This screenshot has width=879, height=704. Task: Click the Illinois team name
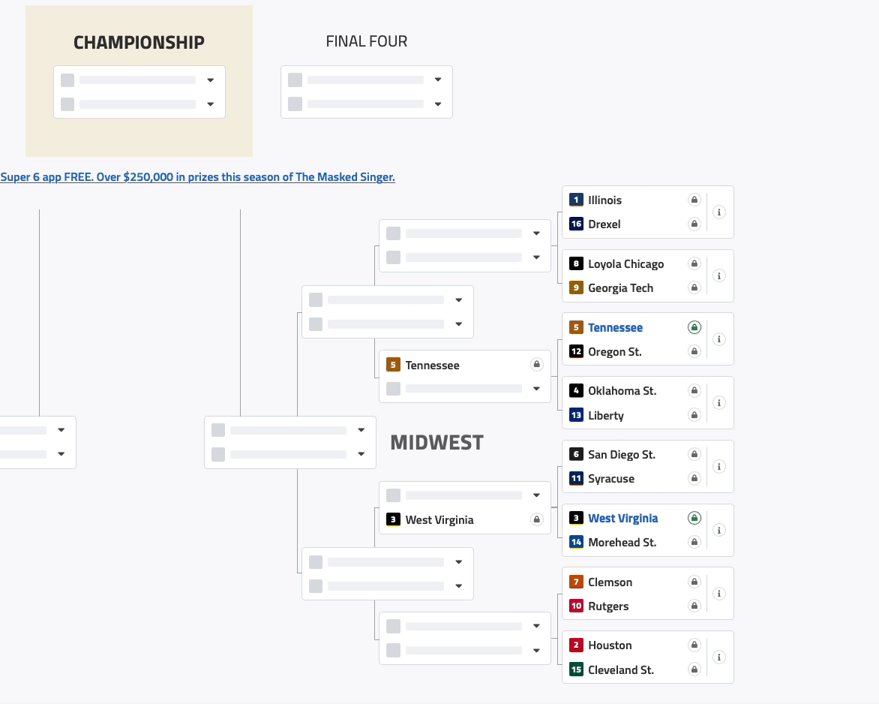click(604, 200)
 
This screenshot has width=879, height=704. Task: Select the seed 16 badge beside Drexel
click(576, 224)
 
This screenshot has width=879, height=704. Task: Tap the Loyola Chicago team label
click(625, 264)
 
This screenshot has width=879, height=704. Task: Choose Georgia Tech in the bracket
click(620, 288)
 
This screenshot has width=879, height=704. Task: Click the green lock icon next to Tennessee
click(694, 327)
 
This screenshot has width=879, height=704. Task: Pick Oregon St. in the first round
click(614, 352)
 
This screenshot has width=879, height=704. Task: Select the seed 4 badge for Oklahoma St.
click(576, 391)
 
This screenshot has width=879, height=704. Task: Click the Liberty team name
click(605, 416)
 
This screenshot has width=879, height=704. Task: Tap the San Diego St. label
click(621, 455)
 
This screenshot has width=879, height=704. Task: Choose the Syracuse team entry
click(610, 479)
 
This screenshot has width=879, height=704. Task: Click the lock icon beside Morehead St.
click(694, 542)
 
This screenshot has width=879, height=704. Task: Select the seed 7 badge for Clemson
click(576, 582)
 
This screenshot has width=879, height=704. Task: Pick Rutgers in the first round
click(608, 606)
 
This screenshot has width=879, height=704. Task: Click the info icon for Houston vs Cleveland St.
click(718, 657)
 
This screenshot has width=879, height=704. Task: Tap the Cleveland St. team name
click(620, 670)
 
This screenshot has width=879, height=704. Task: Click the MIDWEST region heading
click(436, 443)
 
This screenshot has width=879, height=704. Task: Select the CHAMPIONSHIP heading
click(139, 43)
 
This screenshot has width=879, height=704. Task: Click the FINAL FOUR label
click(367, 42)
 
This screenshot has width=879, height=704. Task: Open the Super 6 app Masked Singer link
click(197, 177)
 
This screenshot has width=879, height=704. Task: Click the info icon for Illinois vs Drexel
click(718, 212)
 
